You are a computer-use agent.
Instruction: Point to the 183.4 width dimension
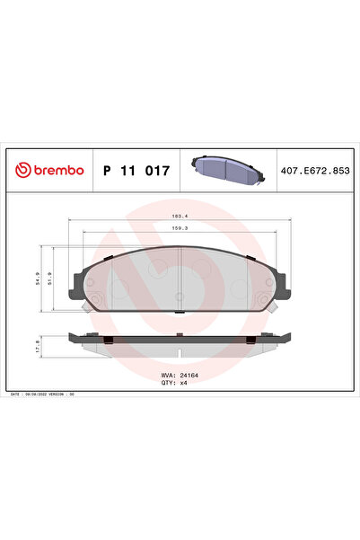[x=180, y=217]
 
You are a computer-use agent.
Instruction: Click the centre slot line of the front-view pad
[x=180, y=270]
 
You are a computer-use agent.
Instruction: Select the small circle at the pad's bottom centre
[x=180, y=295]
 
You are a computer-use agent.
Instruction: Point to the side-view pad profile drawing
[x=180, y=342]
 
